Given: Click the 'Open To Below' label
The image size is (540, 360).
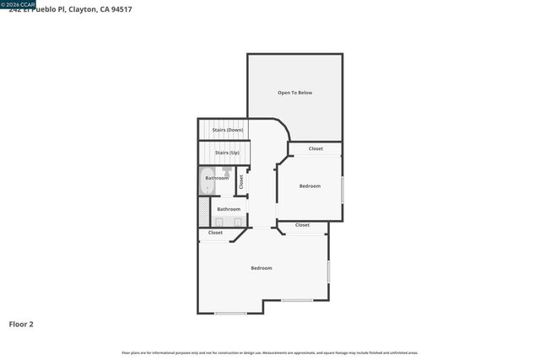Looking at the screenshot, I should click(294, 92).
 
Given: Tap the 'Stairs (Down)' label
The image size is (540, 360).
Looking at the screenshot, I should click(227, 130).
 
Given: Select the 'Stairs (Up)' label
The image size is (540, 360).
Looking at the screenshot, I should click(227, 153).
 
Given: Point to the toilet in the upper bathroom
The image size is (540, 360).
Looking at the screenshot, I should click(228, 171).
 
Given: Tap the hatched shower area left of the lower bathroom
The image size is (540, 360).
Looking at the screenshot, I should click(203, 208).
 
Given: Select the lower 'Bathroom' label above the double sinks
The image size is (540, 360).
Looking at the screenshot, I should click(229, 209).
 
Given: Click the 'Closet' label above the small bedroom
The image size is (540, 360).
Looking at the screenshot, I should click(316, 148).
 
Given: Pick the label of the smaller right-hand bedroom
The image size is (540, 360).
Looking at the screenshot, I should click(310, 185).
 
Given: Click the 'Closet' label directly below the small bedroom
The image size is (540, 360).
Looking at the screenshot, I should click(302, 225).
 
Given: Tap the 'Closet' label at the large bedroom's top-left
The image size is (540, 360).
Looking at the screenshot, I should click(215, 233).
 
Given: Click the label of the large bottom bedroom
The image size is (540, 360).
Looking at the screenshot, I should click(262, 268).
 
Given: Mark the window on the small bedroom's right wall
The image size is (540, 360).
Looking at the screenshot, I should click(343, 189).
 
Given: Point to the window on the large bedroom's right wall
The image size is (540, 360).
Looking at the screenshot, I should click(328, 271).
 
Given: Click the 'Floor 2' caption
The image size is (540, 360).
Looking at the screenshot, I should click(21, 323).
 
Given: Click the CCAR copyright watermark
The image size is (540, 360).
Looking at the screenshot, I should click(18, 4).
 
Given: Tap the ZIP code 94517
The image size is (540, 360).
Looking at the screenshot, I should click(121, 9).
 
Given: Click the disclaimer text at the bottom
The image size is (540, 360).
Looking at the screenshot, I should click(269, 352).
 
